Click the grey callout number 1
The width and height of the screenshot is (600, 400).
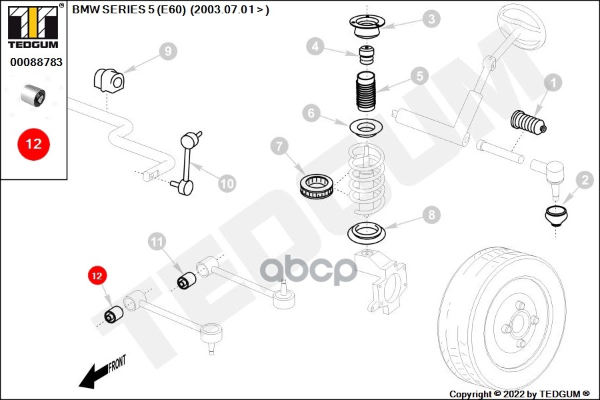tap(553, 83)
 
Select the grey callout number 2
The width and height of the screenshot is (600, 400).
tap(585, 179)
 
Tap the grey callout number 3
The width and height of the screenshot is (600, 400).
tap(433, 19)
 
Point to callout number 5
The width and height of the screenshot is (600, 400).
tap(419, 76)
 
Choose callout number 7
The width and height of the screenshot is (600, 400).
tap(279, 145)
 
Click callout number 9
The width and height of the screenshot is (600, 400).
tap(167, 51)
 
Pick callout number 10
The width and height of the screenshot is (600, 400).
tap(227, 183)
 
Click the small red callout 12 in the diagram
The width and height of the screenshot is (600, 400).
tap(97, 275)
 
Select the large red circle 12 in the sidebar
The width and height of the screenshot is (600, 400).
tap(33, 143)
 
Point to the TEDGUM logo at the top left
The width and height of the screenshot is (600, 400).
tap(32, 25)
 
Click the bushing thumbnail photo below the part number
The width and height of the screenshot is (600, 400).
tap(34, 95)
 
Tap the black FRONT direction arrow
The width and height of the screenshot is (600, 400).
tap(100, 373)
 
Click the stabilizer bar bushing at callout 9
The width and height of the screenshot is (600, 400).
tap(109, 80)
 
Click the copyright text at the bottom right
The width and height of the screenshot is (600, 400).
tap(520, 394)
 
